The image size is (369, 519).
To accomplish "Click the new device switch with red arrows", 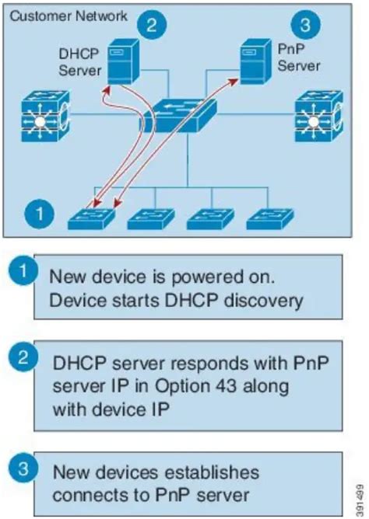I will pos(93,218).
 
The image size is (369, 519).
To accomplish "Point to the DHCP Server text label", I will pos(80,61).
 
